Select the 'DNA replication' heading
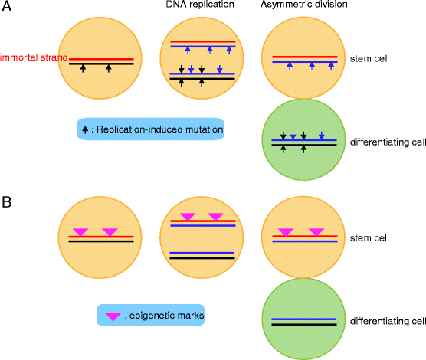[195, 7]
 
